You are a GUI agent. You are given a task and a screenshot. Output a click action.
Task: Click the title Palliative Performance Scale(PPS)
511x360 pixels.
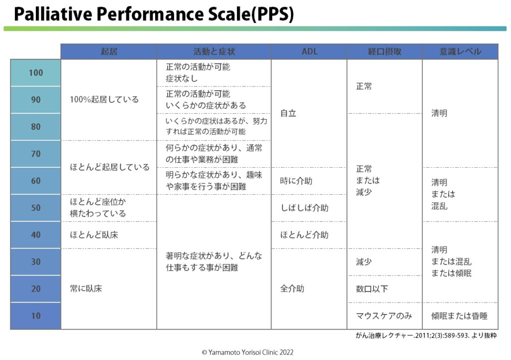[153, 14]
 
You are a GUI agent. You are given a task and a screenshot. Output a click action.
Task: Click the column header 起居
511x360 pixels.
[109, 51]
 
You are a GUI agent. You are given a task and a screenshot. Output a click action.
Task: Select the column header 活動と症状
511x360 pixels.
[214, 51]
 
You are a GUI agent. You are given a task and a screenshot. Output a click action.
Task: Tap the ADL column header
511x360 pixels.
[309, 51]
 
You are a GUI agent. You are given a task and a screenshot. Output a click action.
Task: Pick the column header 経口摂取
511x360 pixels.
[384, 51]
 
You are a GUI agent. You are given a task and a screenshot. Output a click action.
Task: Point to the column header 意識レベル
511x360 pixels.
[460, 51]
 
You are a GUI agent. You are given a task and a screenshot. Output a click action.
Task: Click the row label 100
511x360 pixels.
[36, 73]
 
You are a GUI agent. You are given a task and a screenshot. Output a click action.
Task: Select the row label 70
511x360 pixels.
[36, 154]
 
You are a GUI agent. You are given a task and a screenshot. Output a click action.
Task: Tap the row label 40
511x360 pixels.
[36, 235]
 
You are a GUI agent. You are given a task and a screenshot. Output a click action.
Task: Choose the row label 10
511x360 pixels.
[36, 316]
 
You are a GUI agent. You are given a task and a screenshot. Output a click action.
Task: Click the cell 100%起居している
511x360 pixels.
[104, 99]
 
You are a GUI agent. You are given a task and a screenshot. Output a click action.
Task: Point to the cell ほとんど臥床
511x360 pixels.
[94, 235]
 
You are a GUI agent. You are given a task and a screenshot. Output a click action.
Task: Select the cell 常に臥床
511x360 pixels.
[86, 289]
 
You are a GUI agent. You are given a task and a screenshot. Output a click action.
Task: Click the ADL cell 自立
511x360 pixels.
[288, 113]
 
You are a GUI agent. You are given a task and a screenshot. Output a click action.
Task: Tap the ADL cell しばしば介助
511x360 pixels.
[304, 208]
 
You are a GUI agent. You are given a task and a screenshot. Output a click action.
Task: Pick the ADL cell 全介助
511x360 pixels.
[292, 289]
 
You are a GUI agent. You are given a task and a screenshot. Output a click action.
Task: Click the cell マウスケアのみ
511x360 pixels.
[384, 316]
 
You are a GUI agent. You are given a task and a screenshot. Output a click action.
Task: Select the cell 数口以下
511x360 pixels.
[372, 289]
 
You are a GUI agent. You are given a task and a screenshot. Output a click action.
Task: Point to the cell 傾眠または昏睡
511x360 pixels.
[459, 316]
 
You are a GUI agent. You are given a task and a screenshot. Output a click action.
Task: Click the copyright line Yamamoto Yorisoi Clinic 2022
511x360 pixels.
[248, 352]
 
